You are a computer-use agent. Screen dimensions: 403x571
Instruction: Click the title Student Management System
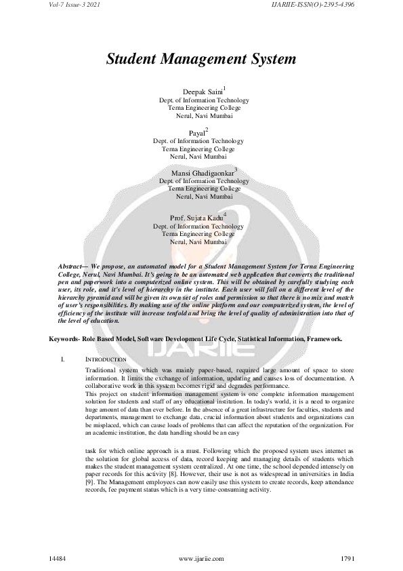click(x=201, y=60)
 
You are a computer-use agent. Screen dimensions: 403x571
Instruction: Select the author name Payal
click(x=197, y=133)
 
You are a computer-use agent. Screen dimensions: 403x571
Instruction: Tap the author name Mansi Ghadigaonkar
click(x=201, y=174)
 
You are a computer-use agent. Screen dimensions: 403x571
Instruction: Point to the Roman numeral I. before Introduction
click(x=62, y=358)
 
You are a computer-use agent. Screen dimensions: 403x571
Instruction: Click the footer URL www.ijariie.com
click(x=201, y=557)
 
